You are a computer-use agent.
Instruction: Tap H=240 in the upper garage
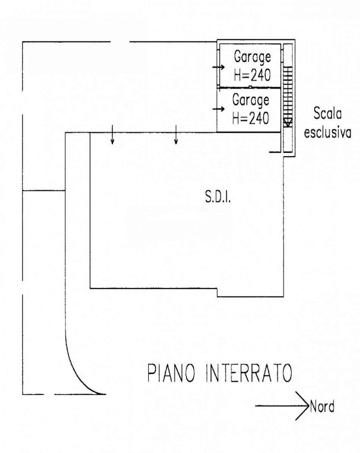point(252,75)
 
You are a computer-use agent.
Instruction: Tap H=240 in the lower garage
point(251,118)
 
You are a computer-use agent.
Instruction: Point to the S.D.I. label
point(218,196)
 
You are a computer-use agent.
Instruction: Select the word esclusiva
point(328,133)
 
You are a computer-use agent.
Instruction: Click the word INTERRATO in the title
point(249,373)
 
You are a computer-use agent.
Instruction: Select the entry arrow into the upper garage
point(218,67)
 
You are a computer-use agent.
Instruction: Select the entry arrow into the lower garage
point(218,109)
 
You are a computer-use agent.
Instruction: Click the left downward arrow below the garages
point(113,134)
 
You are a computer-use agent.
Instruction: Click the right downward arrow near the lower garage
point(176,134)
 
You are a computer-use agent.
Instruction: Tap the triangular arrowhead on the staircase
point(288,122)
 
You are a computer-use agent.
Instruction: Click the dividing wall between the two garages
point(250,87)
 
